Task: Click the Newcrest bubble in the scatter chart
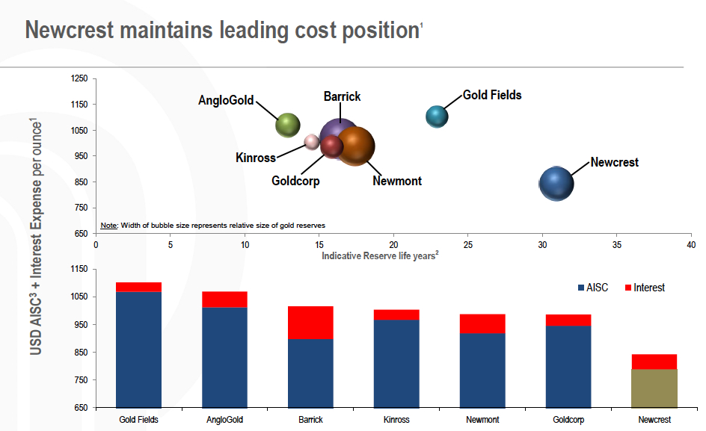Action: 556,184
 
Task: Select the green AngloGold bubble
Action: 288,125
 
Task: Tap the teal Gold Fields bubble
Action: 437,117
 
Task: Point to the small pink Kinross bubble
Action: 311,142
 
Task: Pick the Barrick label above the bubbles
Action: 342,96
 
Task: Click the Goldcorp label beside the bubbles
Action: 295,181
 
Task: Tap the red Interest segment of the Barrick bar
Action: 310,322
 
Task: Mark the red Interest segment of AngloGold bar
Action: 224,300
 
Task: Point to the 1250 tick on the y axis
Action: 79,78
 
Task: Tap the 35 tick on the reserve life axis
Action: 617,244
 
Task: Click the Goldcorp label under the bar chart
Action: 568,420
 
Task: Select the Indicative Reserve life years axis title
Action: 379,255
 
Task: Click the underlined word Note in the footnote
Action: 108,225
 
